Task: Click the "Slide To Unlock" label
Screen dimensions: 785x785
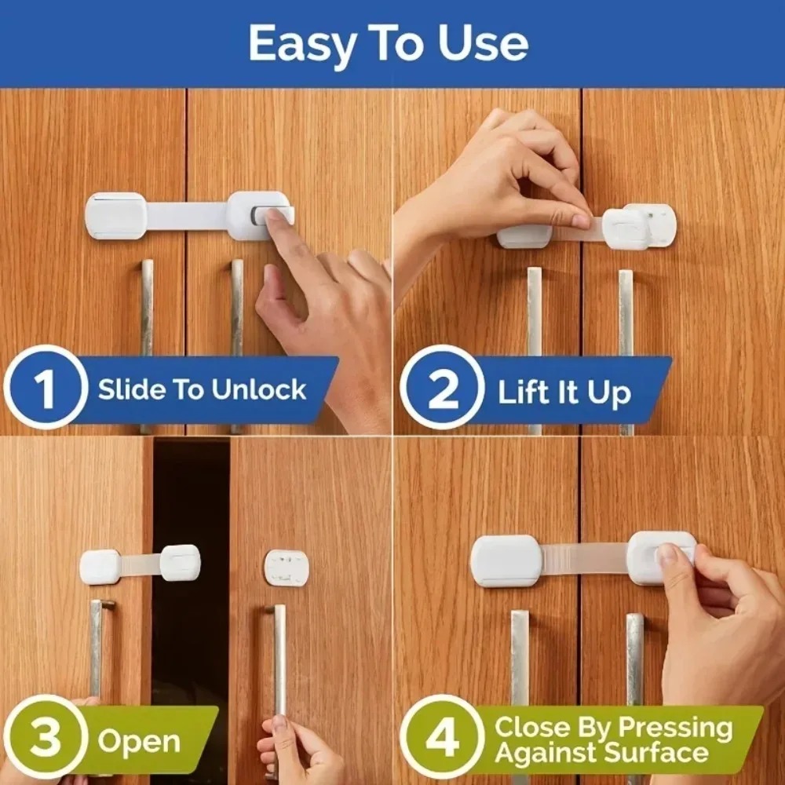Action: [x=202, y=390]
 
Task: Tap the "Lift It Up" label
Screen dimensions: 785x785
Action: [x=564, y=392]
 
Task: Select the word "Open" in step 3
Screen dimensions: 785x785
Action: [x=139, y=741]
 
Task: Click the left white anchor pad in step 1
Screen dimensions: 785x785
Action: [x=115, y=216]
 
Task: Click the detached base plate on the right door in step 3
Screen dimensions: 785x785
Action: [x=287, y=568]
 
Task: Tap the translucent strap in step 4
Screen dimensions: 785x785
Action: [x=584, y=559]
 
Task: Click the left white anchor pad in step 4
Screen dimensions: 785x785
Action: [x=506, y=560]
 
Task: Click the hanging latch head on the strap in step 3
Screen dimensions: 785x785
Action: [x=181, y=563]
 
